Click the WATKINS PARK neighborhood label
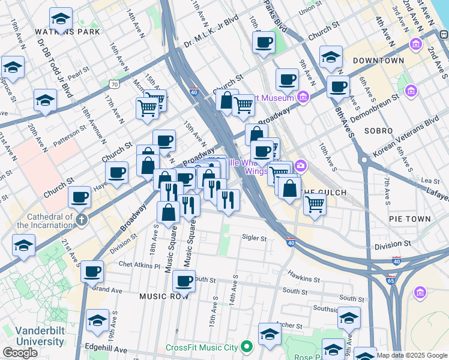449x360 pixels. (59, 32)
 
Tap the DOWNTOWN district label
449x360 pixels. (378, 61)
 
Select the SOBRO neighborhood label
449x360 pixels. (378, 130)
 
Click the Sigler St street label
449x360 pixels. (254, 238)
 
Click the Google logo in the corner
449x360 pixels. (20, 353)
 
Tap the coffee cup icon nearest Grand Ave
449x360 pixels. (92, 272)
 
